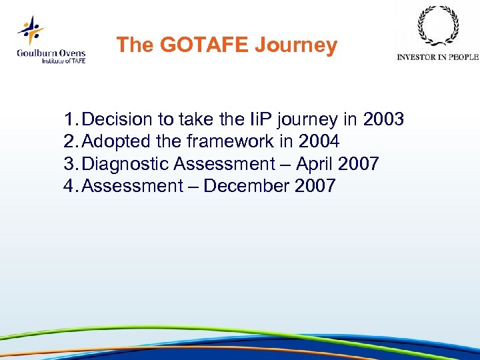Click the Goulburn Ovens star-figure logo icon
click(31, 30)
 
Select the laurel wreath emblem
click(437, 27)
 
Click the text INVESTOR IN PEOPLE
click(437, 57)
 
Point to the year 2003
click(383, 119)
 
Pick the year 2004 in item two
click(319, 141)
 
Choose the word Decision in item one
click(118, 119)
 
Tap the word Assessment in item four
click(133, 186)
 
